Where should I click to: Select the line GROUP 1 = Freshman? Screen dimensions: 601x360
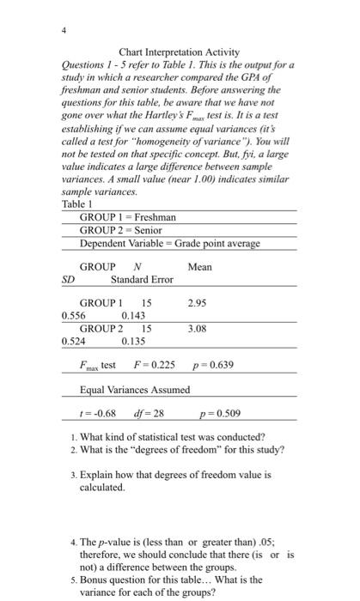point(128,217)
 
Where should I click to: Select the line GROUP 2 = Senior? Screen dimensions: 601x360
point(121,230)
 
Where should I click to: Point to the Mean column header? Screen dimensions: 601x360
point(199,267)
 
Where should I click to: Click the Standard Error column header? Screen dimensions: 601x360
point(142,280)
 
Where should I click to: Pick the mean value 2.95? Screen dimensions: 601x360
point(198,303)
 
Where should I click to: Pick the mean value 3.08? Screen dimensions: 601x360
point(198,328)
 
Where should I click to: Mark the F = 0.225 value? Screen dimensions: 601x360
point(156,365)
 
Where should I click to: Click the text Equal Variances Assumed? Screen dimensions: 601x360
point(135,389)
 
